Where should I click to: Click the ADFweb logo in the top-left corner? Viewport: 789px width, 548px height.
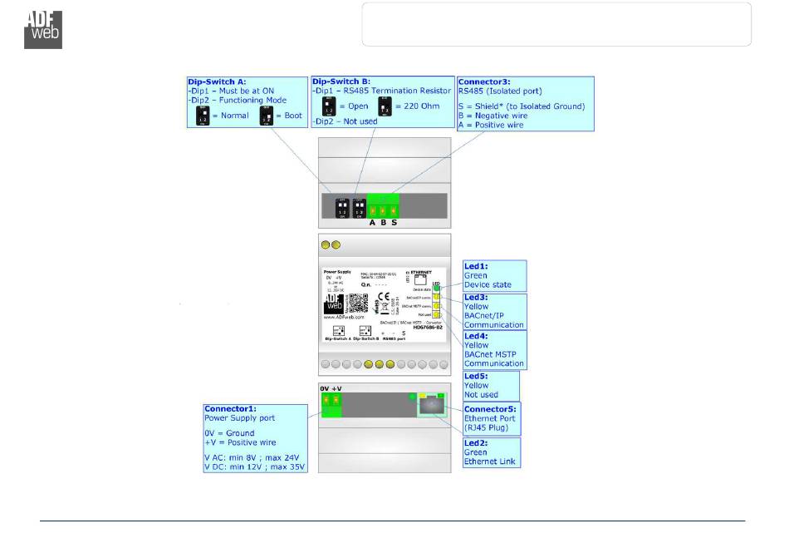(x=42, y=28)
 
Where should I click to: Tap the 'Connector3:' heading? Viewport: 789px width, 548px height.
(x=488, y=81)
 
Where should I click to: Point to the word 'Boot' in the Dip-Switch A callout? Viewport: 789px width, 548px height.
(x=294, y=116)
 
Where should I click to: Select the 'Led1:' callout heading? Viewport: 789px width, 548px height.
(x=476, y=266)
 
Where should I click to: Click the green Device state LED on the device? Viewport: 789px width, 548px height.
(x=436, y=289)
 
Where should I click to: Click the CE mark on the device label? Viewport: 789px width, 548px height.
(x=383, y=296)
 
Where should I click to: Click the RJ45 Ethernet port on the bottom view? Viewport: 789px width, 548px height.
(x=431, y=406)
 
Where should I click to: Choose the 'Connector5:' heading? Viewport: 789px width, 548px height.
(x=490, y=409)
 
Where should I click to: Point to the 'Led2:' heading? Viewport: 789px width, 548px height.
(x=476, y=443)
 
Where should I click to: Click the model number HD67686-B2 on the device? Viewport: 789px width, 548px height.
(x=431, y=327)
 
